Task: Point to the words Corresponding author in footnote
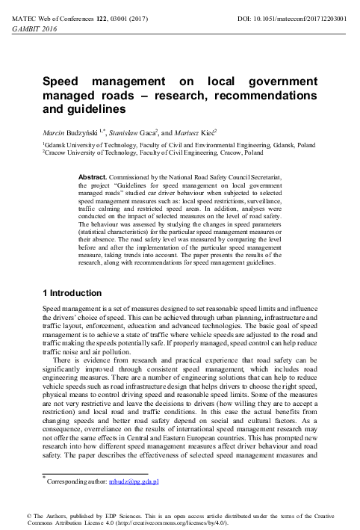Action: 73,482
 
